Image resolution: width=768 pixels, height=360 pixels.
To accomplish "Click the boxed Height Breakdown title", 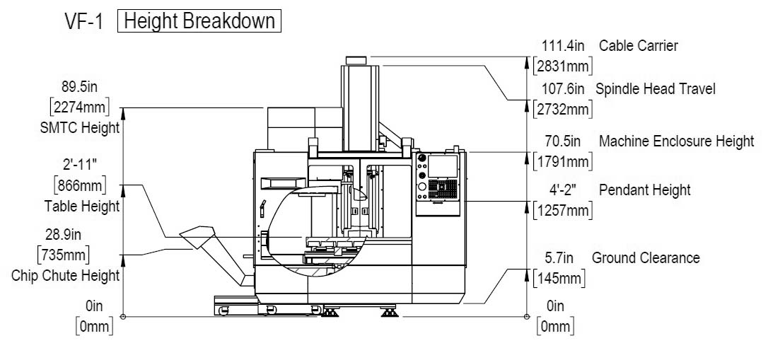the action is (x=199, y=21).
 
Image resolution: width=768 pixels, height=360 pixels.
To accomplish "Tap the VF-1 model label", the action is (x=83, y=22).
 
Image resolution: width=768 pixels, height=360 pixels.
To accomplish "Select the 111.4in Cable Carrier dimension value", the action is (x=563, y=45).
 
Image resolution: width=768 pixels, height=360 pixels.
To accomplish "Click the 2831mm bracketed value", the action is (x=563, y=66).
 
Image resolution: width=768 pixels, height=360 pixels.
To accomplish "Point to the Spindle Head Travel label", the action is (x=656, y=89).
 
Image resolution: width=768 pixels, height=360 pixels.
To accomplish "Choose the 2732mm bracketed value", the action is (x=563, y=110).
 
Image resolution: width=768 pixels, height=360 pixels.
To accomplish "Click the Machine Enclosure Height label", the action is (x=676, y=141).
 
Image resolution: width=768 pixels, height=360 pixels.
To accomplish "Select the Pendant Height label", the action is (x=644, y=190).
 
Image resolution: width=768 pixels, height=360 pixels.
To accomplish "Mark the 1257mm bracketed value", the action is (x=563, y=211).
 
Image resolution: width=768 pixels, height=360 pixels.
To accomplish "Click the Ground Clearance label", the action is (x=646, y=257).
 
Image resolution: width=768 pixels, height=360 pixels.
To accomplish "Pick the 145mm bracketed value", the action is (x=559, y=279).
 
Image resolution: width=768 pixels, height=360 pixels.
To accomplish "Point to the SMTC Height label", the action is (x=80, y=128).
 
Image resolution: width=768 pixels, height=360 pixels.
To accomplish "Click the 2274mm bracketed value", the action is (x=79, y=107).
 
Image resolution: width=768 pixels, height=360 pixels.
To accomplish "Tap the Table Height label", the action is (x=82, y=207).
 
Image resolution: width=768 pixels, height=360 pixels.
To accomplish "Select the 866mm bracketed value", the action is (x=79, y=185).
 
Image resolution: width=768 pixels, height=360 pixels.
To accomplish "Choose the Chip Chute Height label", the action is (x=66, y=275).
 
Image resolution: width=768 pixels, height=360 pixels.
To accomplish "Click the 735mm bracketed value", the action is (x=64, y=255).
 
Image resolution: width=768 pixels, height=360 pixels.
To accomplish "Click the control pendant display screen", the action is (x=442, y=166).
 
